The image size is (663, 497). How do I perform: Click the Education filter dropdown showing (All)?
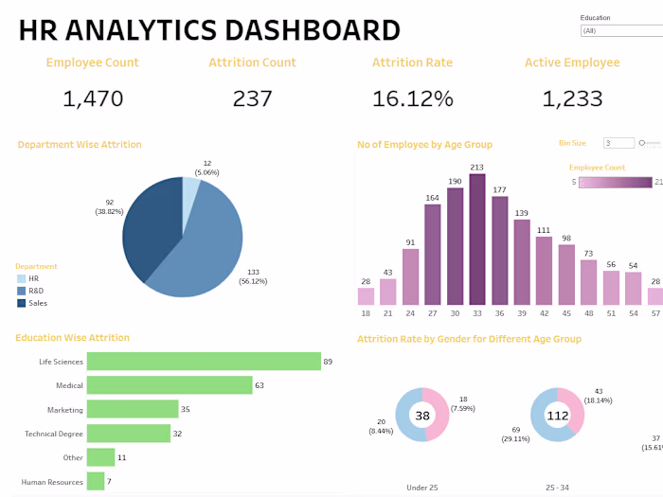click(620, 30)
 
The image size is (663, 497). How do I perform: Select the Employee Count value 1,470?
click(93, 98)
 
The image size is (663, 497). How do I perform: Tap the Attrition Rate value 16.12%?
click(412, 98)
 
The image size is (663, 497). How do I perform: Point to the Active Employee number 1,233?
click(572, 98)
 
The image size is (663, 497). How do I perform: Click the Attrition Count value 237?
click(252, 98)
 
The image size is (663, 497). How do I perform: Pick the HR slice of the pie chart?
click(190, 194)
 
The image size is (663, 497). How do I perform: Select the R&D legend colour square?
click(22, 291)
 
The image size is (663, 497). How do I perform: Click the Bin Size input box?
click(618, 143)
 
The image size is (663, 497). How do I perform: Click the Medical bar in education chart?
click(170, 385)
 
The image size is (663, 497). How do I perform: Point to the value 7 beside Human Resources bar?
click(110, 482)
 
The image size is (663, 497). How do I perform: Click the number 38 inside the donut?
click(421, 415)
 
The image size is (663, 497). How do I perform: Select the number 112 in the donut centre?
click(558, 415)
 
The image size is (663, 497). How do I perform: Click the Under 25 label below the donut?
click(421, 487)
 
